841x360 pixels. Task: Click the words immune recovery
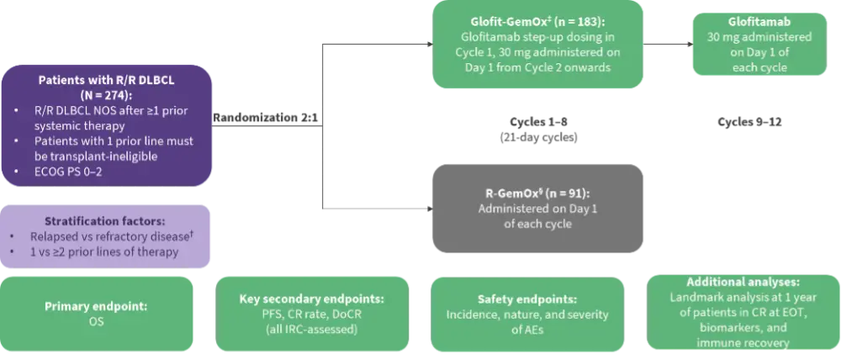coord(743,343)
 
